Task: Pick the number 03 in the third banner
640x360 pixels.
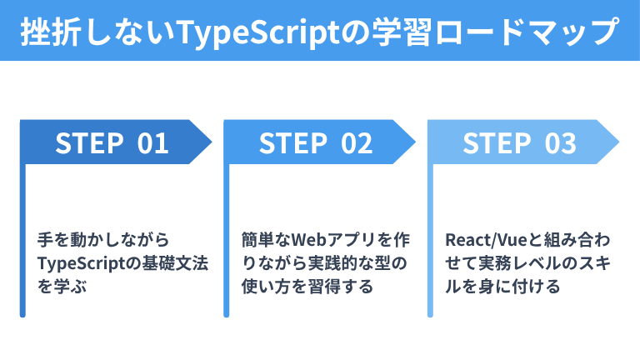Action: [x=560, y=143]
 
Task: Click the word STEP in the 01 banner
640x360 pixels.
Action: [x=89, y=143]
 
